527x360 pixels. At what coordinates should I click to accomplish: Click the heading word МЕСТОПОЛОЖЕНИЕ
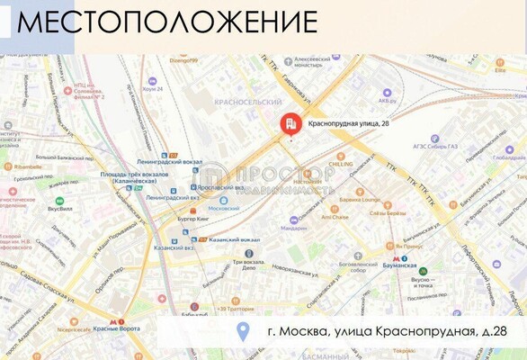(167, 22)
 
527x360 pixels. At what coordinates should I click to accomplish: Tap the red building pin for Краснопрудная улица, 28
(290, 124)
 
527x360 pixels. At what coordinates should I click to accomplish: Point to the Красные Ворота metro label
(116, 329)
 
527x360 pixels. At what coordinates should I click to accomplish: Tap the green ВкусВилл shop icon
(59, 202)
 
